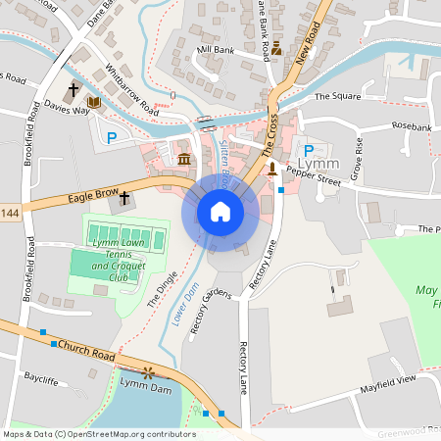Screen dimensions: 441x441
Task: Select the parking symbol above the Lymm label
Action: pyautogui.click(x=309, y=150)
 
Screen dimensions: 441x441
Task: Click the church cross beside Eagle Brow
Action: pyautogui.click(x=124, y=198)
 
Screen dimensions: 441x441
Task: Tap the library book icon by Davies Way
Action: pyautogui.click(x=94, y=102)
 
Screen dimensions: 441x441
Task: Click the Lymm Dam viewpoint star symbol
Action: pyautogui.click(x=149, y=372)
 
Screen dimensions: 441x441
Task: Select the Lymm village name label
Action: pyautogui.click(x=321, y=164)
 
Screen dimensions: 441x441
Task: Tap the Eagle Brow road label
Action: pyautogui.click(x=93, y=197)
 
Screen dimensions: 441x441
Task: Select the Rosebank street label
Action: pyautogui.click(x=411, y=127)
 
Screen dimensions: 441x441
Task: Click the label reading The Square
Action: pyautogui.click(x=337, y=97)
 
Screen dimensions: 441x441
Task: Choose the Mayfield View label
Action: pyautogui.click(x=389, y=379)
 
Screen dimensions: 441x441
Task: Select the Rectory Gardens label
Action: pyautogui.click(x=210, y=312)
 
